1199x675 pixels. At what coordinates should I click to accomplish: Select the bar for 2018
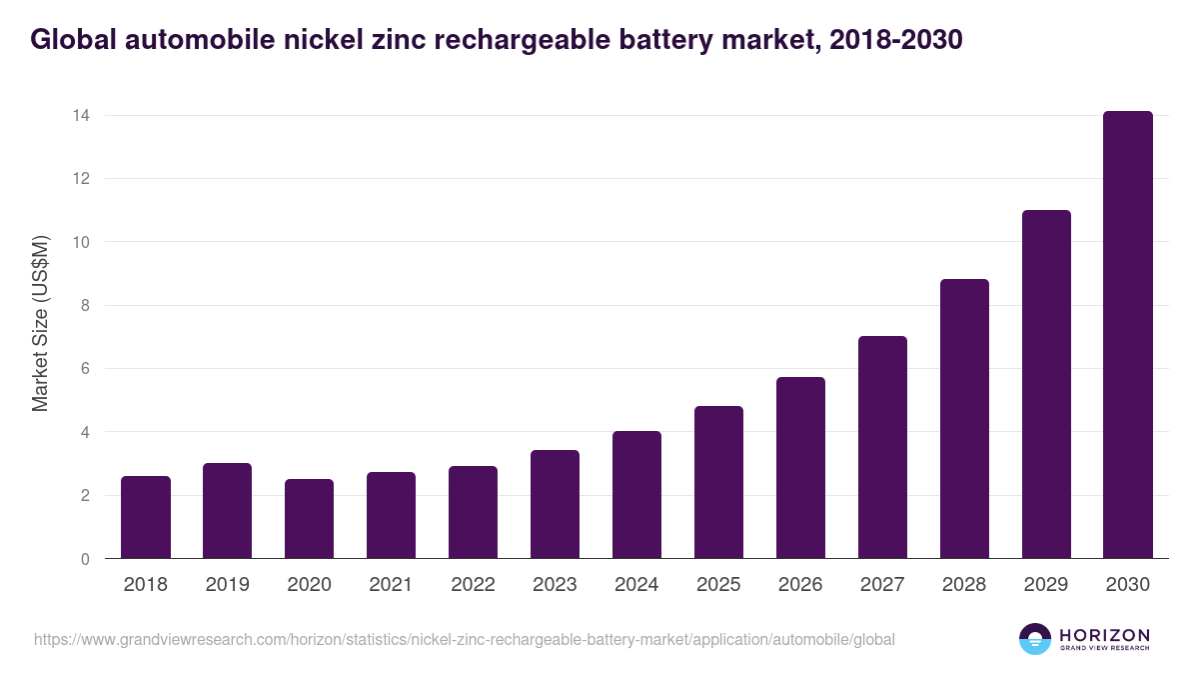(x=146, y=517)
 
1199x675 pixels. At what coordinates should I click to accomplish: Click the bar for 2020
(x=310, y=519)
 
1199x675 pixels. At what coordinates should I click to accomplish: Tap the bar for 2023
(x=555, y=504)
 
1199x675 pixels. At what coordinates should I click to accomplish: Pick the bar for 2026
(x=800, y=468)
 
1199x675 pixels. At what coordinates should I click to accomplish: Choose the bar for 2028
(x=964, y=419)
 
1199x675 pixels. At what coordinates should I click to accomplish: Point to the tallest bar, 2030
(x=1128, y=335)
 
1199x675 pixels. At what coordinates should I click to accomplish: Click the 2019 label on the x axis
(x=228, y=585)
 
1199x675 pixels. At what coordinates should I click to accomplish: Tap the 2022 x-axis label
(x=473, y=585)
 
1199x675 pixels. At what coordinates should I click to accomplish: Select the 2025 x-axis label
(x=718, y=585)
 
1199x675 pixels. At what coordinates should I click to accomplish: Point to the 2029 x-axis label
(x=1046, y=585)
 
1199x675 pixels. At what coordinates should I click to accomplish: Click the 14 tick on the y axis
(x=81, y=116)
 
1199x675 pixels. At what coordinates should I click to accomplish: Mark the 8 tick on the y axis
(x=85, y=306)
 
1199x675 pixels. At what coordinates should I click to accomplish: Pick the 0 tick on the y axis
(x=85, y=559)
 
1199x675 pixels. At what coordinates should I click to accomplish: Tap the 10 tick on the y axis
(x=81, y=242)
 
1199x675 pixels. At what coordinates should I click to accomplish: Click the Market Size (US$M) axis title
(x=40, y=324)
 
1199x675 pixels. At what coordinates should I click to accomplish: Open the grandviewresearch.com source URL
(x=464, y=639)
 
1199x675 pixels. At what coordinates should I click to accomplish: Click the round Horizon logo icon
(x=1035, y=639)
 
